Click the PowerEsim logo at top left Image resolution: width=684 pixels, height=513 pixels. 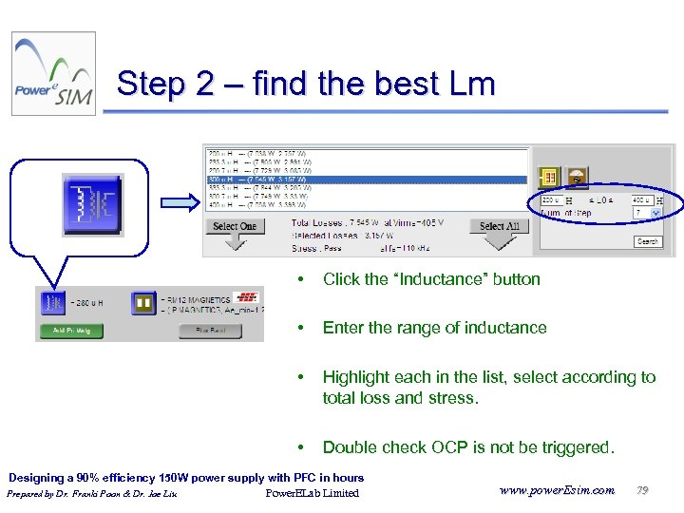pyautogui.click(x=53, y=74)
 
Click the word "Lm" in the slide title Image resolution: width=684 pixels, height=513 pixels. pyautogui.click(x=469, y=85)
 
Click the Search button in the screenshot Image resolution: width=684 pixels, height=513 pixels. pyautogui.click(x=648, y=241)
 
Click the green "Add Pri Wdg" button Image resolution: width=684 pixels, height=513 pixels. pyautogui.click(x=70, y=332)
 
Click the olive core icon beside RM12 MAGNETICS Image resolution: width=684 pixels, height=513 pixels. pyautogui.click(x=143, y=303)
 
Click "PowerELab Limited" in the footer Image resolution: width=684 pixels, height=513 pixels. pyautogui.click(x=313, y=493)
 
